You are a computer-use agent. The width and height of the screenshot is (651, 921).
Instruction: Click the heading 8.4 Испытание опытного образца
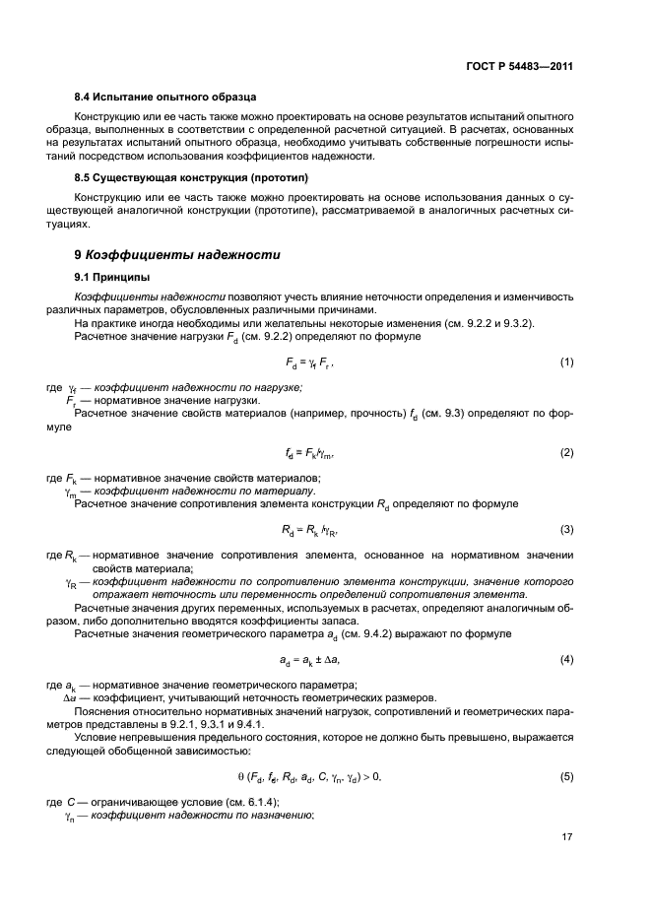(165, 98)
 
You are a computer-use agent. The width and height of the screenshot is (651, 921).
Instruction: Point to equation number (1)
(567, 362)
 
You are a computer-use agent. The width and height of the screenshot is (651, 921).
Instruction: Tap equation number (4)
(567, 659)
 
